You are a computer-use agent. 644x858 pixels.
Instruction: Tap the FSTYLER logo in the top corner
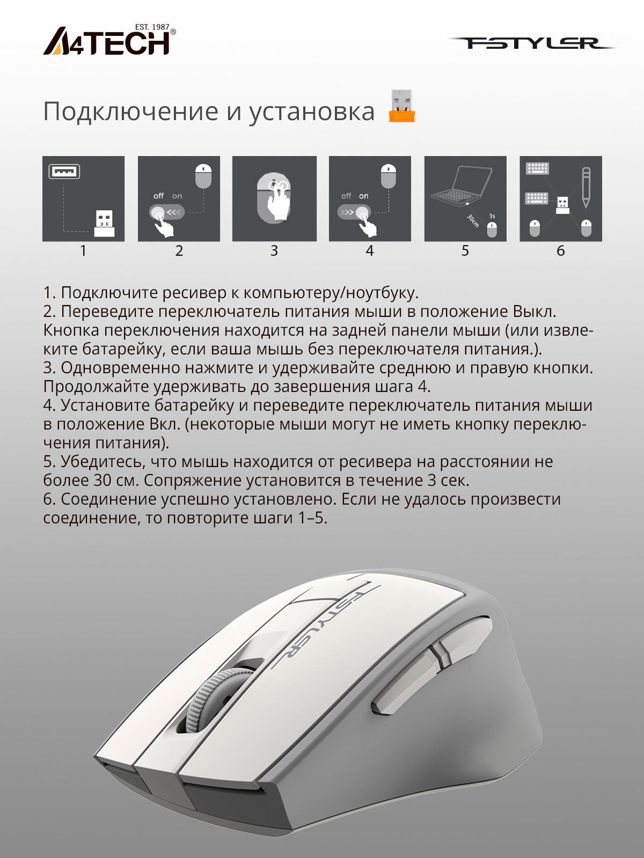click(x=532, y=43)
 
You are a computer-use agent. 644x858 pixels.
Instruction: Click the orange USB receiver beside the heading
click(x=401, y=106)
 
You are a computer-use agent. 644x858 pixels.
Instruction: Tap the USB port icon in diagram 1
click(x=64, y=171)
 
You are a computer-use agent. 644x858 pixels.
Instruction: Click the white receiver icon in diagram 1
click(x=105, y=223)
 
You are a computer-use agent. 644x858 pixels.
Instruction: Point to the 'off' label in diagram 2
click(x=158, y=196)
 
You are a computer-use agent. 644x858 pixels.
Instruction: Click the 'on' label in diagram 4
click(x=364, y=196)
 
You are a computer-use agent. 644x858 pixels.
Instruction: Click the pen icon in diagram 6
click(x=586, y=188)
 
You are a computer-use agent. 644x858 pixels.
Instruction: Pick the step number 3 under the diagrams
click(x=274, y=250)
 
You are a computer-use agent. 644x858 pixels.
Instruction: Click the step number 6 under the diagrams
click(x=560, y=250)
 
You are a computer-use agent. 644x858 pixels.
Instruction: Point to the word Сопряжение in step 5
click(x=193, y=481)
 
